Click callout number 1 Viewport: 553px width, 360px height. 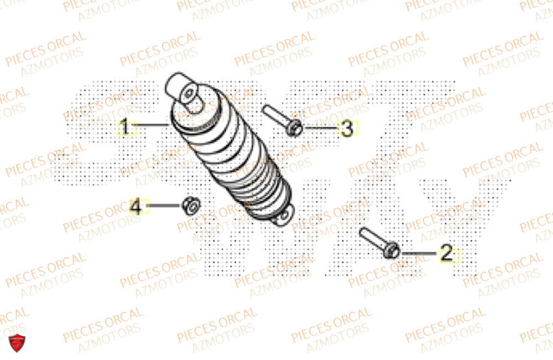[126, 128]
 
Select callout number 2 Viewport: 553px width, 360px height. [447, 254]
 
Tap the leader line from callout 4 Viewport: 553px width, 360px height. [163, 206]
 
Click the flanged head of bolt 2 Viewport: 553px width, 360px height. [393, 251]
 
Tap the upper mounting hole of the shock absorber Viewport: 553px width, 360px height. [191, 91]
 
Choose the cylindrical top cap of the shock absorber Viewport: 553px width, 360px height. [180, 86]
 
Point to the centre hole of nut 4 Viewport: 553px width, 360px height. [190, 205]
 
